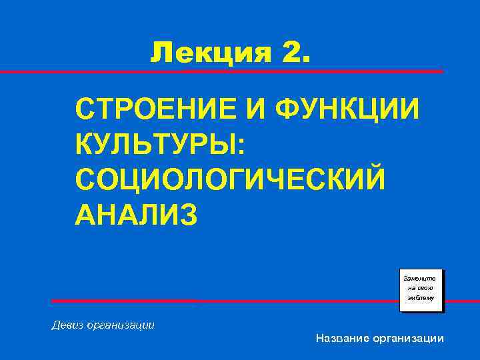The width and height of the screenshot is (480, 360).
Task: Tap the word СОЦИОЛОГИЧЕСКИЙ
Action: pyautogui.click(x=231, y=179)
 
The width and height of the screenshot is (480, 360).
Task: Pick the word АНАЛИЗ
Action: pyautogui.click(x=137, y=215)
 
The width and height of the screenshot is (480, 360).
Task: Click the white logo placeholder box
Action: pyautogui.click(x=421, y=291)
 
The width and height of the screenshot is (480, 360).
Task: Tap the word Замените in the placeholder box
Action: pyautogui.click(x=421, y=277)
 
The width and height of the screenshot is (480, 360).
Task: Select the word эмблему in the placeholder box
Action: pyautogui.click(x=421, y=299)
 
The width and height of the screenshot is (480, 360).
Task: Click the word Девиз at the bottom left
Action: pyautogui.click(x=67, y=325)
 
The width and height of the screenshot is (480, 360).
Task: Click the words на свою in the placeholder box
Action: pyautogui.click(x=421, y=288)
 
